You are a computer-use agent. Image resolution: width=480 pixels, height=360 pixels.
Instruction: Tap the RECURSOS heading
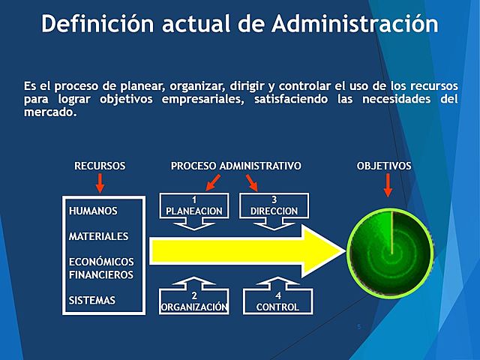100,166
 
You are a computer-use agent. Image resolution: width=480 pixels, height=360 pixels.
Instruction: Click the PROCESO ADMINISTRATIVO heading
236,166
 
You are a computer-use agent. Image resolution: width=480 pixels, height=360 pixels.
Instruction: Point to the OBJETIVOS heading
384,166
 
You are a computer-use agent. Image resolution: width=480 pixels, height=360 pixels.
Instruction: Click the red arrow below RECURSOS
100,184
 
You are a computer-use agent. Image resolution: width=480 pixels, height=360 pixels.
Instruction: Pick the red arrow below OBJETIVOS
388,185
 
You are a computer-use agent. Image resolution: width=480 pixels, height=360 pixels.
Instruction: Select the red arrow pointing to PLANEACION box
214,182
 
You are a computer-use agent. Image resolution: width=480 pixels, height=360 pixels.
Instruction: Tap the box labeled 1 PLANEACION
194,206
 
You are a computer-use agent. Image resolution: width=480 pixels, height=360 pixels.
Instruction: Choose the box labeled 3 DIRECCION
274,206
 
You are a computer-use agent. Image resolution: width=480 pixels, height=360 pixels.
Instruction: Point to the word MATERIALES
98,236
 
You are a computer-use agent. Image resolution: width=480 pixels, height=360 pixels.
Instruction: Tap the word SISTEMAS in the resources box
92,300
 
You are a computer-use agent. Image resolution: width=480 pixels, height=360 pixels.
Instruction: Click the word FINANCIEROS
101,274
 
